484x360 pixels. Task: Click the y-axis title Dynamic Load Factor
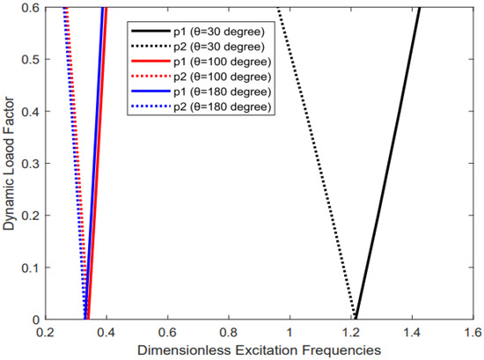click(x=11, y=163)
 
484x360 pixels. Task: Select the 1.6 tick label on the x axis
click(x=473, y=331)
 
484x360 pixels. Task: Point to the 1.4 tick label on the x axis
click(x=412, y=331)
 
